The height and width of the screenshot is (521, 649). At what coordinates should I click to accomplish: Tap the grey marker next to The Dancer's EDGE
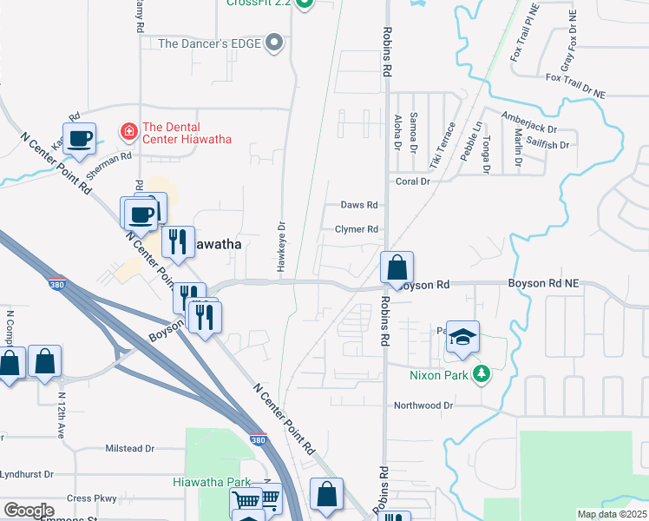pos(275,43)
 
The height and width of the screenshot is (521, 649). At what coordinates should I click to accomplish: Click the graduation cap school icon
pos(463,337)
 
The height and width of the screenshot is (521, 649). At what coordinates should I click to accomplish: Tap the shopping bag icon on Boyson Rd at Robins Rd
pos(397,267)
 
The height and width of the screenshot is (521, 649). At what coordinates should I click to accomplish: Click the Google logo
pos(29,511)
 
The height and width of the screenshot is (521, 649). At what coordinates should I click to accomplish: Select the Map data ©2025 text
pos(611,514)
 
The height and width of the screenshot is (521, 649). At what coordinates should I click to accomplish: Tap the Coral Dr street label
pos(413,181)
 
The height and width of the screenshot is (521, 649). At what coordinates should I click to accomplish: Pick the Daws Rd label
pos(359,205)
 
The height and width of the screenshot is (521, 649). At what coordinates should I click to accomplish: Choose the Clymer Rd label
pos(357,229)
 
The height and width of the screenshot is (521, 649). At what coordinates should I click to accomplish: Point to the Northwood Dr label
pos(423,405)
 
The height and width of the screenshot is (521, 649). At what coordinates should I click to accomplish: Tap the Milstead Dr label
pos(129,448)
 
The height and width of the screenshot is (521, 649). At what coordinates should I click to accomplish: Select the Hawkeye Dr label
pos(281,249)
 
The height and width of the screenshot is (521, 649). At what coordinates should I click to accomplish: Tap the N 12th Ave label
pos(61,418)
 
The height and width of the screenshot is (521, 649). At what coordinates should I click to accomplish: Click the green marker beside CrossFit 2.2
pos(304,4)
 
